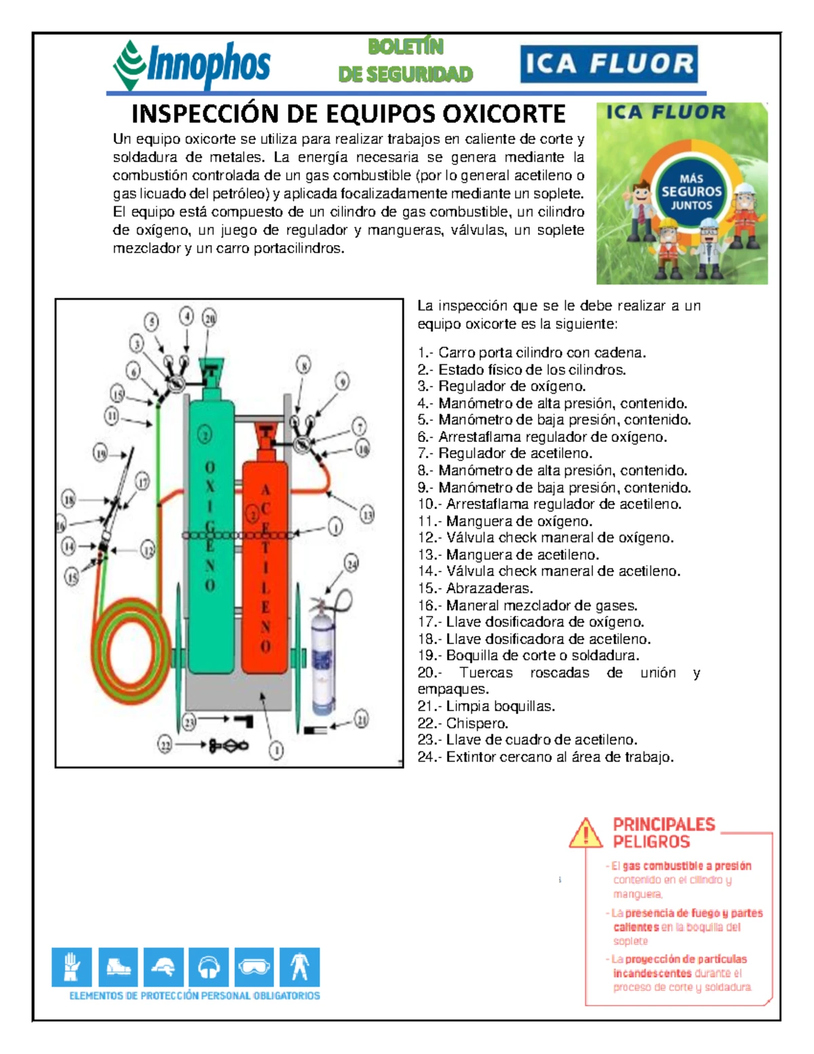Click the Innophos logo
click(x=192, y=64)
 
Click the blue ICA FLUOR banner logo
click(x=608, y=64)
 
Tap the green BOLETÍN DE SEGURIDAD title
click(x=406, y=60)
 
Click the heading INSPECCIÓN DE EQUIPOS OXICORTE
click(x=348, y=113)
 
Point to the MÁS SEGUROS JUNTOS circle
click(x=691, y=191)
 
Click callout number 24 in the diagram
click(x=351, y=563)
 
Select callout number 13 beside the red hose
click(x=366, y=514)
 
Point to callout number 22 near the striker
click(x=166, y=745)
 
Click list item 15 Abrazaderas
click(x=476, y=588)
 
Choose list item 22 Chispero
click(x=463, y=723)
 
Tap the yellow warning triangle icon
click(x=585, y=833)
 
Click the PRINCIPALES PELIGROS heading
click(x=663, y=833)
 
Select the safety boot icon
click(x=117, y=966)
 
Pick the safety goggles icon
click(x=254, y=966)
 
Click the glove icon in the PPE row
click(x=71, y=966)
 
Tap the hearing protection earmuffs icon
click(x=208, y=966)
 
